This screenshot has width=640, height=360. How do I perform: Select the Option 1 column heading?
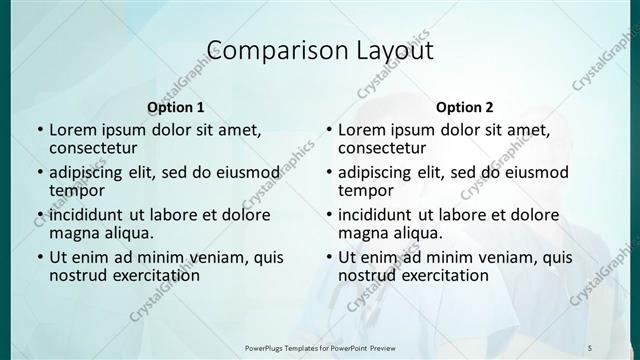176,107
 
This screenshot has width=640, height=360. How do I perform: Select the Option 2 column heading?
465,107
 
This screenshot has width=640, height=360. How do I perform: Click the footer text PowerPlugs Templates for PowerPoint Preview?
321,347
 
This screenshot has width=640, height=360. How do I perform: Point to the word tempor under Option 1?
75,191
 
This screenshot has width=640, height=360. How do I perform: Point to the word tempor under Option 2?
364,191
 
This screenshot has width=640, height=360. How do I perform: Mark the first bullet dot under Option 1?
39,131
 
